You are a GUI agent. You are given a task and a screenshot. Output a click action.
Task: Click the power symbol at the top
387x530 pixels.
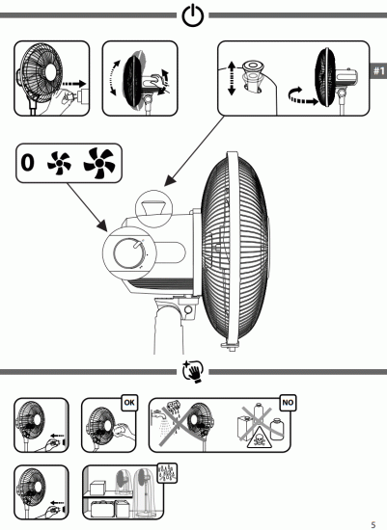pyautogui.click(x=193, y=16)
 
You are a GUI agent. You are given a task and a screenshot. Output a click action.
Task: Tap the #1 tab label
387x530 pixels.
pyautogui.click(x=377, y=70)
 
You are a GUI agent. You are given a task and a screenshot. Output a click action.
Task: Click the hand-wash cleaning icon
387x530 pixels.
pyautogui.click(x=193, y=370)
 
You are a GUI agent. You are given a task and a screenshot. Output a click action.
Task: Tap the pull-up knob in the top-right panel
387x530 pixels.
pyautogui.click(x=256, y=71)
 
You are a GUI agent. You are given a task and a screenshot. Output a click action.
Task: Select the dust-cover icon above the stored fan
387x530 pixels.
pyautogui.click(x=167, y=475)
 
